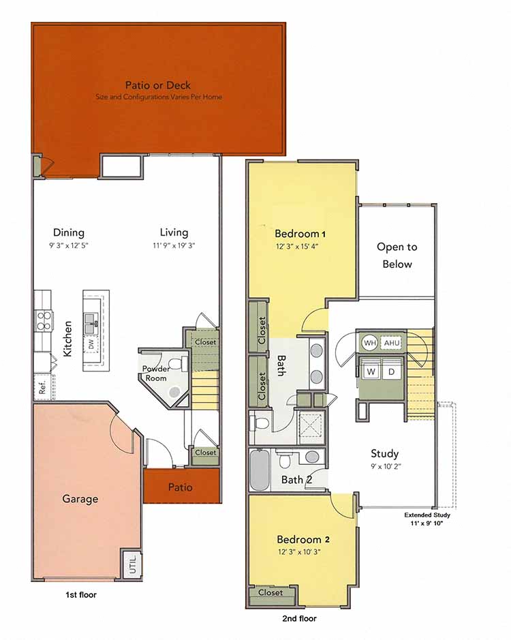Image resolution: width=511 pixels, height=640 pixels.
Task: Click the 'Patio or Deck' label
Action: (158, 85)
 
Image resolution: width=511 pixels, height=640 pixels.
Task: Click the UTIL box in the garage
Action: (131, 564)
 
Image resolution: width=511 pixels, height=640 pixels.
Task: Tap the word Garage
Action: (80, 499)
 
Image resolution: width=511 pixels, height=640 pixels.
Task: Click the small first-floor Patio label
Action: (181, 487)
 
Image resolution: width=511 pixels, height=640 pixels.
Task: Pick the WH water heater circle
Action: (369, 343)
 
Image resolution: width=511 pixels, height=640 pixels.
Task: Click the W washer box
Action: (371, 372)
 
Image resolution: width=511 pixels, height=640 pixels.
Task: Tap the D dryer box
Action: (392, 372)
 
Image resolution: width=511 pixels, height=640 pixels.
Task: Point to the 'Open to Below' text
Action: (397, 256)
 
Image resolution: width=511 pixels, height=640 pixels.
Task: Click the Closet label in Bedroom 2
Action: (270, 592)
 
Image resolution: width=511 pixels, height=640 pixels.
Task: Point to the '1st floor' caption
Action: (81, 595)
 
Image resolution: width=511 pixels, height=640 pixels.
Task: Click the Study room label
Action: (384, 453)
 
